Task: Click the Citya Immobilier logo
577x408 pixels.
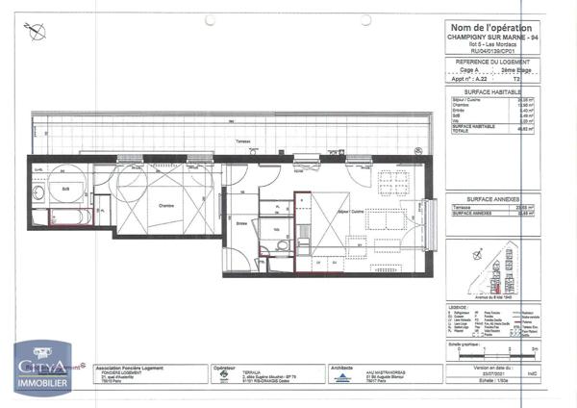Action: point(40,370)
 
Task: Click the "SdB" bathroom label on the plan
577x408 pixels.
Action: point(64,189)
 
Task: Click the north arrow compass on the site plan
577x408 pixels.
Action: point(478,256)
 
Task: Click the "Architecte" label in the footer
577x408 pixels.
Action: point(341,367)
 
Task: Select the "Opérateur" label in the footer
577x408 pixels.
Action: point(225,367)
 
